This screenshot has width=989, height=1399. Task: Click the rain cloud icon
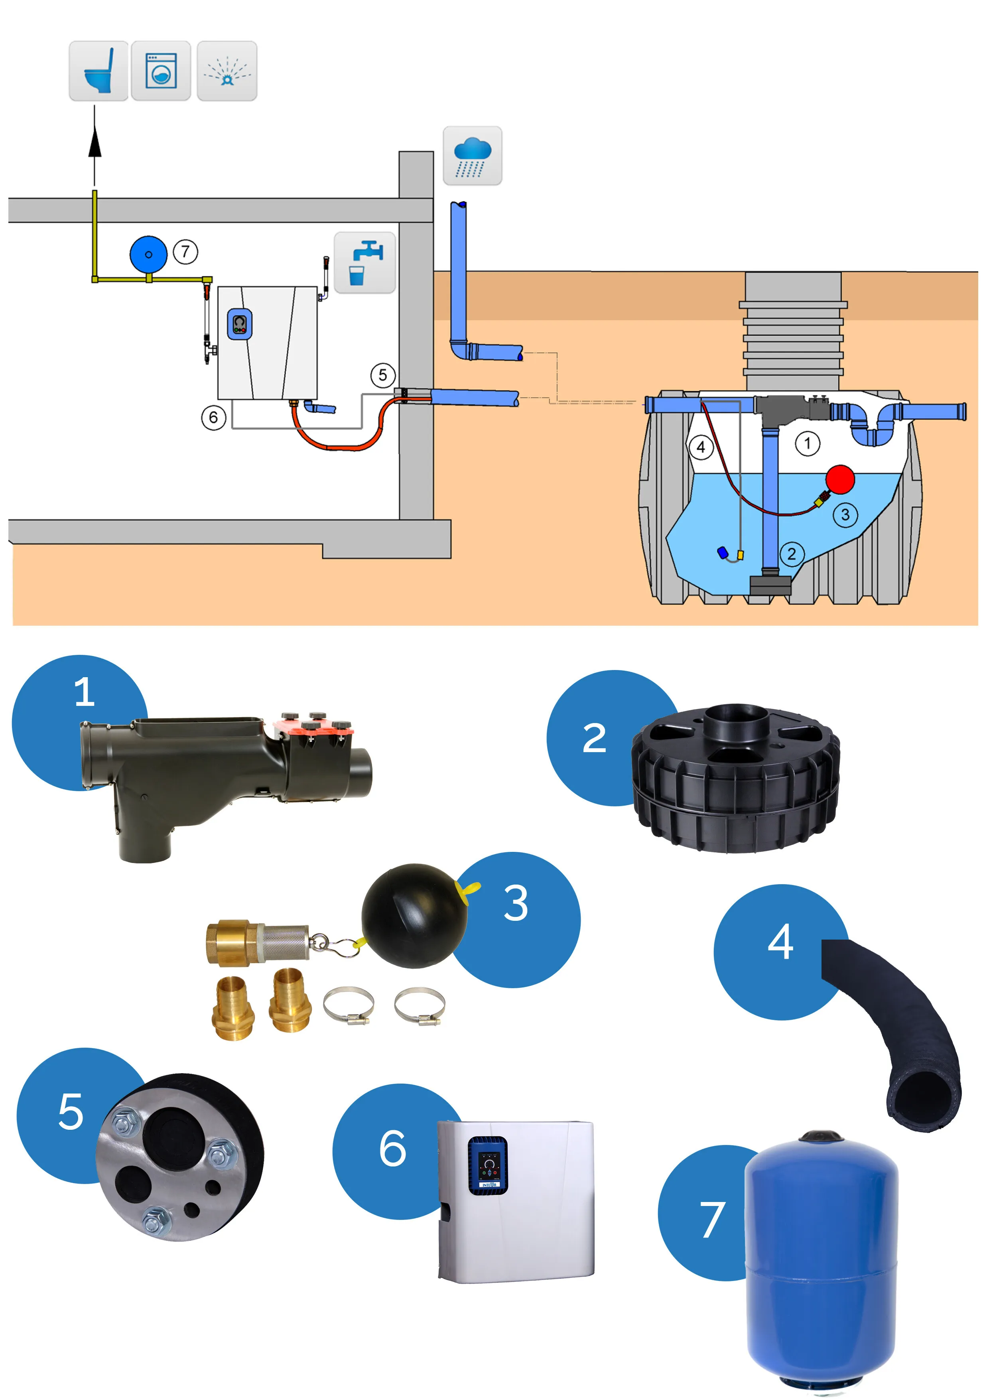(472, 156)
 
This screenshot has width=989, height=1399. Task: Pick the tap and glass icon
(365, 263)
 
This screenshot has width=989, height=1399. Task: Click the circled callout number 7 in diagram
(185, 251)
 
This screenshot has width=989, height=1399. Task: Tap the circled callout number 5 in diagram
(383, 375)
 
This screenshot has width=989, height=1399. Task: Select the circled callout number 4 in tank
(701, 447)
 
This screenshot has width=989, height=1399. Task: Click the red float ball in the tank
(840, 479)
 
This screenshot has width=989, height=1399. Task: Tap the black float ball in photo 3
(414, 916)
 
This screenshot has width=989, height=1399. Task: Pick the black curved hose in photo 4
(902, 1024)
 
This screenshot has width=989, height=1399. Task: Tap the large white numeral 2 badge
(594, 739)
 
